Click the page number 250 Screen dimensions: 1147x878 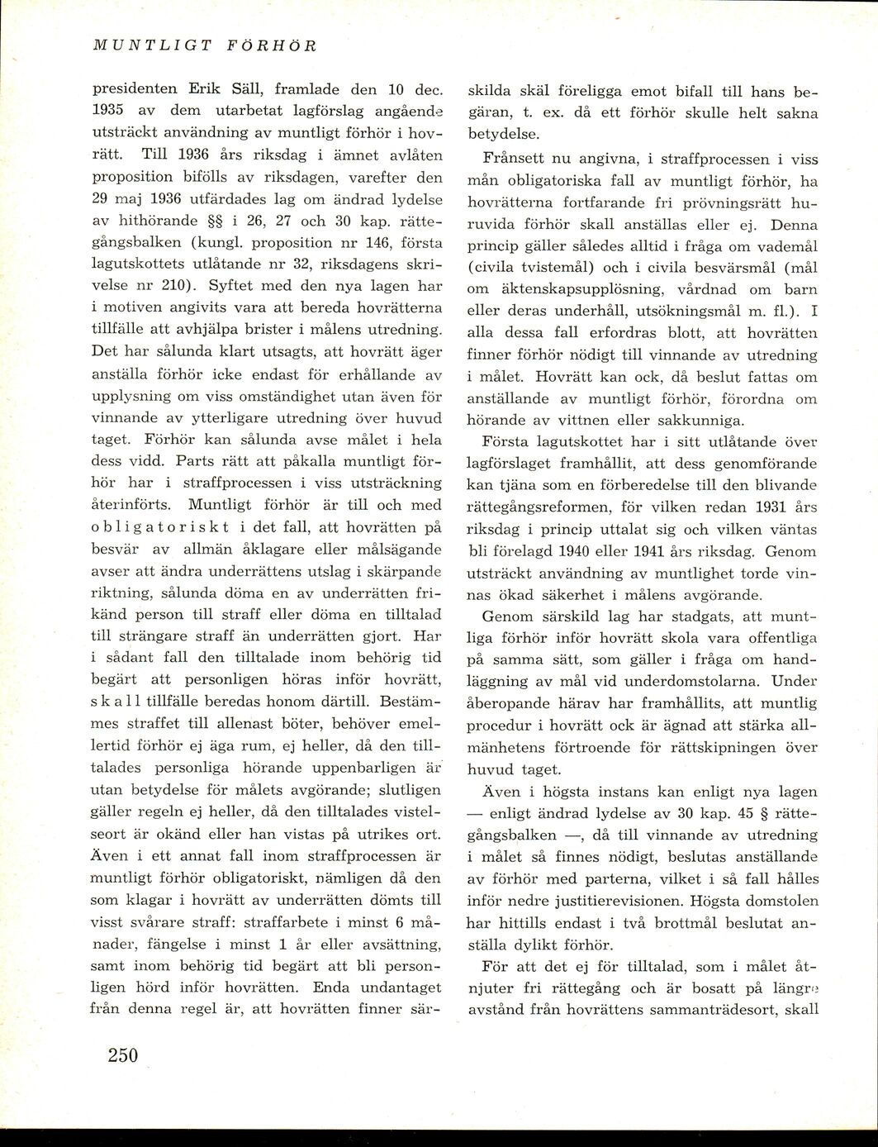(x=121, y=1055)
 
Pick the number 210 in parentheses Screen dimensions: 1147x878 (x=171, y=286)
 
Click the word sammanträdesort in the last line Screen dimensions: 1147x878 (x=713, y=1009)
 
